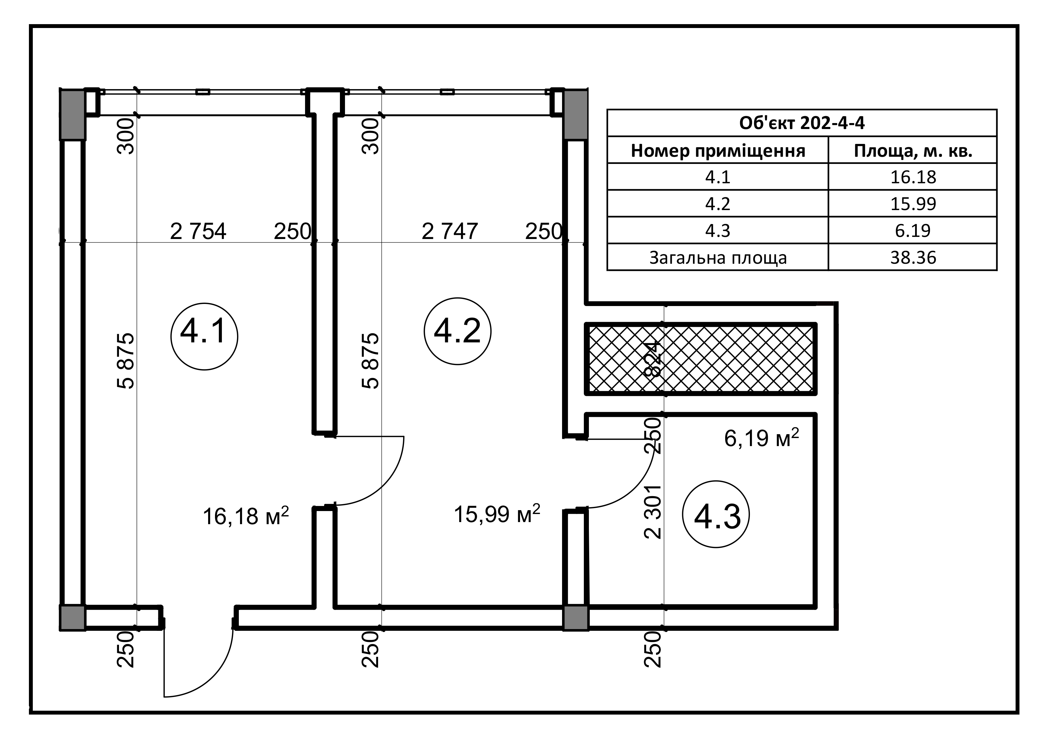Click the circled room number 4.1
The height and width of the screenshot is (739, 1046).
[x=204, y=336]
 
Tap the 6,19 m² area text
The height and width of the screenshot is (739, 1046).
[x=761, y=438]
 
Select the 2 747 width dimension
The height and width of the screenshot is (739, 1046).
[x=450, y=231]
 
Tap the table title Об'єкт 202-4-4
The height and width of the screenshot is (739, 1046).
[x=802, y=123]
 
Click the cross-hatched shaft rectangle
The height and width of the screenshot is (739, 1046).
[x=729, y=358]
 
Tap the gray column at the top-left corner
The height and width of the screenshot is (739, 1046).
[x=72, y=114]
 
